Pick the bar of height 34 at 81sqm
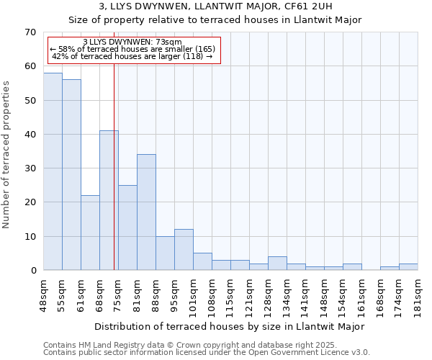tap(146, 212)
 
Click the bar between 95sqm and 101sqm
tap(184, 250)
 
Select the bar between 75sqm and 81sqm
tap(127, 228)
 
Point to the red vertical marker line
tap(114, 180)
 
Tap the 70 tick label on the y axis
tap(30, 32)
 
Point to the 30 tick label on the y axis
tap(30, 168)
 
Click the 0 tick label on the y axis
tap(32, 271)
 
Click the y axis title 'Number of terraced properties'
tap(6, 155)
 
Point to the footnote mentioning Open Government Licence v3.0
tap(207, 353)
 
